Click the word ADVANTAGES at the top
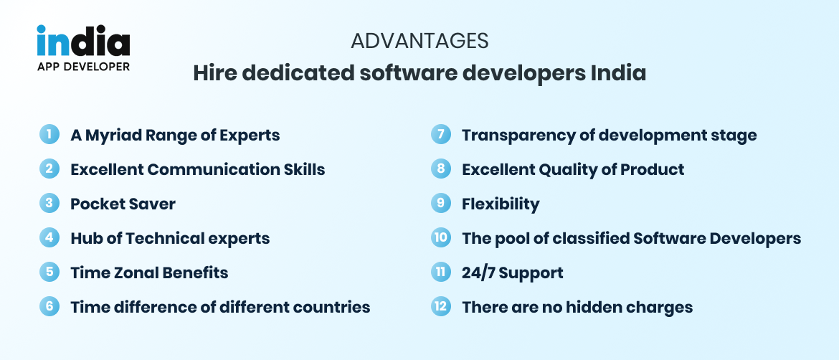[419, 41]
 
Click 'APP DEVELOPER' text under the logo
[83, 67]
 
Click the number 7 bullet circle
[440, 135]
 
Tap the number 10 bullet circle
[440, 238]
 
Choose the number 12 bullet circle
[440, 307]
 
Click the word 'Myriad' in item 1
[114, 135]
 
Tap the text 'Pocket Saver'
[123, 204]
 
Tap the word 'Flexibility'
[501, 204]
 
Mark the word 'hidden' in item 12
[591, 307]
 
